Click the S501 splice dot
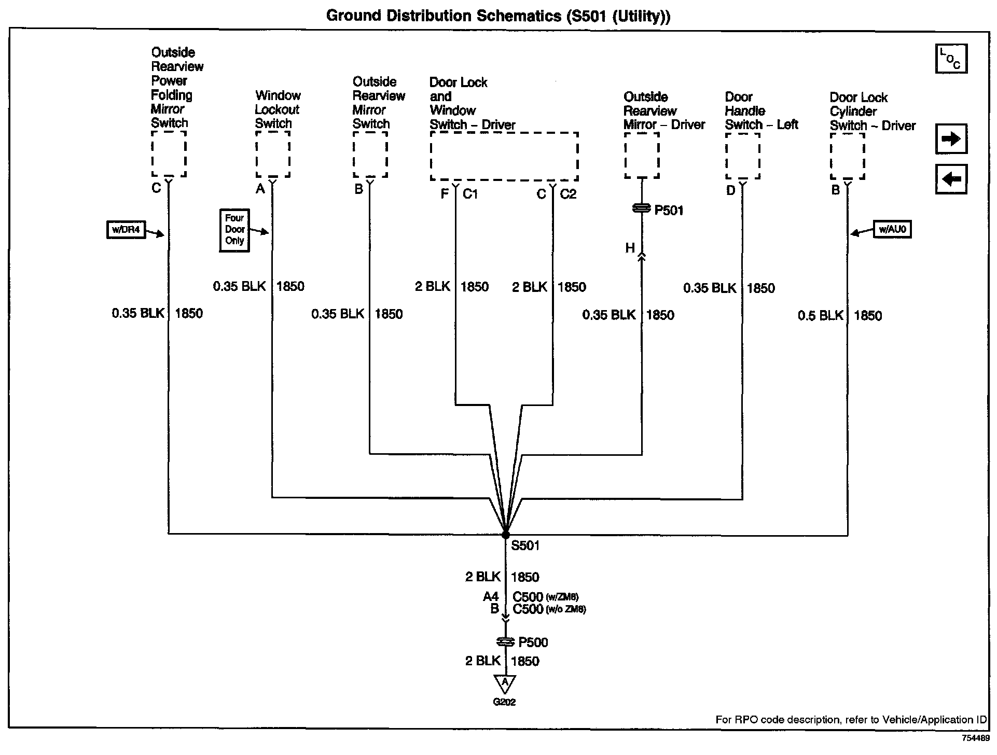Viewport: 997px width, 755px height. [505, 535]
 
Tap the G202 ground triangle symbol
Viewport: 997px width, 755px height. [505, 683]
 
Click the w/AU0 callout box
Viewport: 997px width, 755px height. [892, 229]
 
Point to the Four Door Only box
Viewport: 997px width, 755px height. [234, 230]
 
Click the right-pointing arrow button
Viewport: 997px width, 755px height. [951, 139]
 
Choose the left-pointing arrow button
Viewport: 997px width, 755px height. [951, 179]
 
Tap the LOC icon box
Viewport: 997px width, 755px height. [951, 59]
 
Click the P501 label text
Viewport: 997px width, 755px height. [669, 211]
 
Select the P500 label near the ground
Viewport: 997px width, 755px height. [533, 642]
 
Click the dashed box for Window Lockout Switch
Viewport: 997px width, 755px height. [273, 154]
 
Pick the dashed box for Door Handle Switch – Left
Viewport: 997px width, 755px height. [743, 156]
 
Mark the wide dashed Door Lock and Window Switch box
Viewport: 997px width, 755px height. [504, 156]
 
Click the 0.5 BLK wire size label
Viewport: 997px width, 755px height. [820, 315]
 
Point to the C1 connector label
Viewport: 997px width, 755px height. [470, 194]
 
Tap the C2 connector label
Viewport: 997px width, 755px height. [568, 194]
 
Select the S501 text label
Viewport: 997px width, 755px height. [525, 546]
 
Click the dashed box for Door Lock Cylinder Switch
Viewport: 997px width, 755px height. [847, 156]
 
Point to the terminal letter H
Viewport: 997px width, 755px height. [630, 248]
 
